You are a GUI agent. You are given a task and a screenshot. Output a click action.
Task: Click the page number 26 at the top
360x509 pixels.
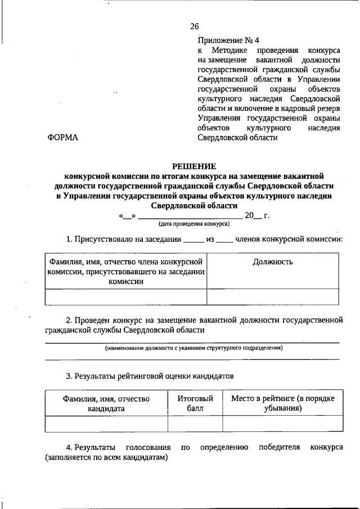pos(195,26)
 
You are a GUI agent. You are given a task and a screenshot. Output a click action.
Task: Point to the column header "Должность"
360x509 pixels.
pos(272,262)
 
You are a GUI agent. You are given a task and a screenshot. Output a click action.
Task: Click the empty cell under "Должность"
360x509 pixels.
pos(272,296)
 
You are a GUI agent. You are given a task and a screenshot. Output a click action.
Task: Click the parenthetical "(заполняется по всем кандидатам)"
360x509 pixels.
pos(107,458)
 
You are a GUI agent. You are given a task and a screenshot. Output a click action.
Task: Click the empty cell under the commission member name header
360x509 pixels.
pos(125,296)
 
